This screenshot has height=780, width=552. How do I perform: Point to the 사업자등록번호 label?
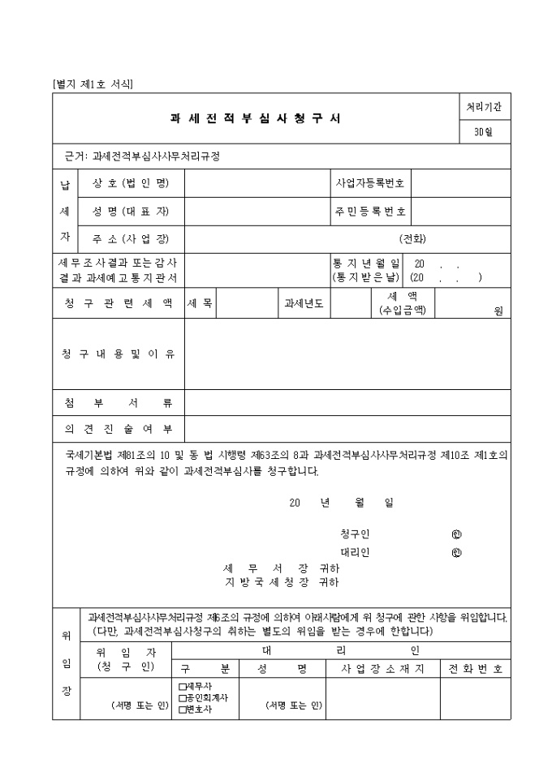370,183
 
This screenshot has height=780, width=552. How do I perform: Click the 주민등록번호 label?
370,211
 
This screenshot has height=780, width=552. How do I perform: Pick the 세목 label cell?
200,303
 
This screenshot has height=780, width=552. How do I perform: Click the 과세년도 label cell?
304,303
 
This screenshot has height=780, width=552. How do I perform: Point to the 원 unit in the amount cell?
498,310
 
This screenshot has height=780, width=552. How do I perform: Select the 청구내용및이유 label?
119,354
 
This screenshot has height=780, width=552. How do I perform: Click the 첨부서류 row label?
119,403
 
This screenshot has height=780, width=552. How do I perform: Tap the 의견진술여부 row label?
119,429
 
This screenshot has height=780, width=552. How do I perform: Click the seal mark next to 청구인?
456,534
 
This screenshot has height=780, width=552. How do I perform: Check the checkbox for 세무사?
182,686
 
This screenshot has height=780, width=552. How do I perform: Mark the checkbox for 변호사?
182,709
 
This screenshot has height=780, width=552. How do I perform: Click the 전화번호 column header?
476,669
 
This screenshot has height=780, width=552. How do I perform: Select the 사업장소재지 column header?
383,669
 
